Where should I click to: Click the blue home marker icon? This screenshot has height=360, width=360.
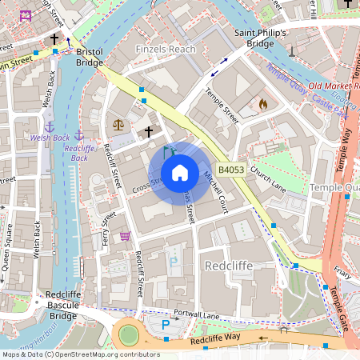pyautogui.click(x=180, y=173)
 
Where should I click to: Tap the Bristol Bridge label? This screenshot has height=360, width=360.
pyautogui.click(x=90, y=57)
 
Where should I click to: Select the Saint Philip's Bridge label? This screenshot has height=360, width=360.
pyautogui.click(x=259, y=38)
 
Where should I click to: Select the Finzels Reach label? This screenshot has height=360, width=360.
pyautogui.click(x=166, y=49)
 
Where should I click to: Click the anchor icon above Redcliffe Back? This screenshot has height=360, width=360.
pyautogui.click(x=78, y=134)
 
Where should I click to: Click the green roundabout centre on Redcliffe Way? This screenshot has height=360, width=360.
pyautogui.click(x=129, y=334)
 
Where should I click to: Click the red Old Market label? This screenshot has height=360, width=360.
pyautogui.click(x=331, y=86)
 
